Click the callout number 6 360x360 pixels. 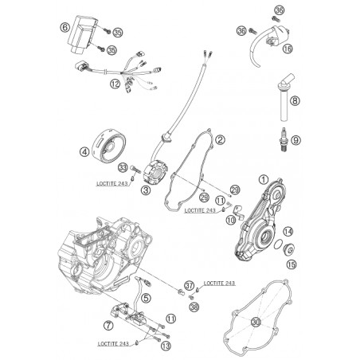pos(65,27)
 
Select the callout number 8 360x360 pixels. pos(295,101)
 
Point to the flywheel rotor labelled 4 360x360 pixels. pos(109,146)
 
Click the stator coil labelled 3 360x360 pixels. pos(155,172)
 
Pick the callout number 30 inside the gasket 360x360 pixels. pos(256,323)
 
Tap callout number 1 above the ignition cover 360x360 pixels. pos(264,180)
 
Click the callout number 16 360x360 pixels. pos(288,49)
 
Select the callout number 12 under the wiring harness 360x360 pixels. pos(115,84)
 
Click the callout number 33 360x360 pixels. pos(123,168)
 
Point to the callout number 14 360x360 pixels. pos(288,232)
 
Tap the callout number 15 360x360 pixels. pos(292,264)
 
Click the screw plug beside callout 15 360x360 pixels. pos(288,249)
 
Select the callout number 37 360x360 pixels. pos(190,286)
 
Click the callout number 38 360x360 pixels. pos(194,307)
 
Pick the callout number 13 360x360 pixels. pos(166,346)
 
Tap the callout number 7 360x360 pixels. pos(108,326)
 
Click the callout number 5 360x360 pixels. pos(146,298)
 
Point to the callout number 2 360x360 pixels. pos(220,139)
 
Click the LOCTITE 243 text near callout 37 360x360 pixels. pos(219,284)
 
